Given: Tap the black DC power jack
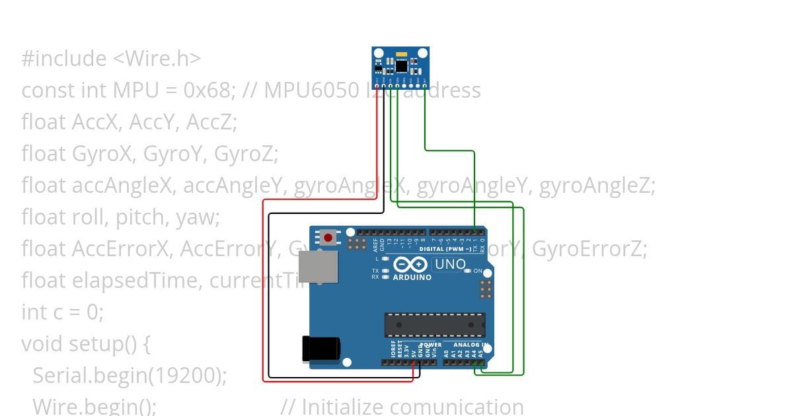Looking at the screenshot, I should pyautogui.click(x=321, y=349).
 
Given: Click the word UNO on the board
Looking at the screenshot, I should pyautogui.click(x=450, y=265).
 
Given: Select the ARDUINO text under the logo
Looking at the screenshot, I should pyautogui.click(x=412, y=277).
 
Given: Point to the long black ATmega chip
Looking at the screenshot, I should pyautogui.click(x=435, y=325).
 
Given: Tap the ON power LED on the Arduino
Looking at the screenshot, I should pyautogui.click(x=467, y=271).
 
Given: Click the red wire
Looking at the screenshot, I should pyautogui.click(x=264, y=291).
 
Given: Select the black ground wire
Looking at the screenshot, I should pyautogui.click(x=269, y=297).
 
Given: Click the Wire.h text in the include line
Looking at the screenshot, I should pyautogui.click(x=157, y=59).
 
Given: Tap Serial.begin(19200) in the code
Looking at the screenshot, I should pyautogui.click(x=129, y=376).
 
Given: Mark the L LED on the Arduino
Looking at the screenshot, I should pyautogui.click(x=385, y=259).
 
